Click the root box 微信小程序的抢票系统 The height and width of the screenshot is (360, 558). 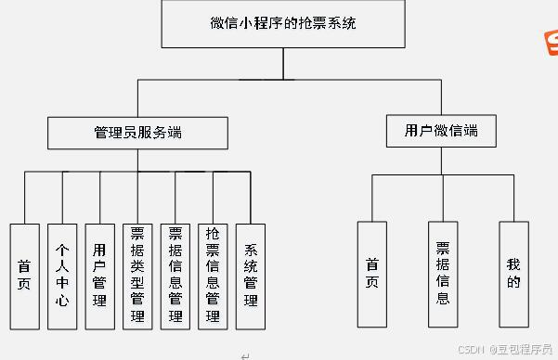click(x=282, y=24)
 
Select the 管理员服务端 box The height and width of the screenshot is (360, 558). click(x=137, y=133)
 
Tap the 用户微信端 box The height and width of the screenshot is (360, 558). click(x=441, y=130)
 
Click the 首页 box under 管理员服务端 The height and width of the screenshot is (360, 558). click(x=24, y=276)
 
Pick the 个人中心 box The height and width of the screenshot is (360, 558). click(x=62, y=276)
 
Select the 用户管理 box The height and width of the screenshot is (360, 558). click(x=99, y=276)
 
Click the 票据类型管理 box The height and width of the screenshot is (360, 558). click(x=137, y=276)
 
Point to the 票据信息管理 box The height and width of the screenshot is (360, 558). click(x=175, y=276)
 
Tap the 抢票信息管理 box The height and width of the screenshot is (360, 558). click(x=213, y=276)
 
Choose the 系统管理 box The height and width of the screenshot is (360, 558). click(x=251, y=276)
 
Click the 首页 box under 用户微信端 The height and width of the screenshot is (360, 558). click(x=371, y=274)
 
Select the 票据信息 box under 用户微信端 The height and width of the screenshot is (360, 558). click(x=443, y=274)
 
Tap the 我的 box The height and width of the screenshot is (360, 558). click(x=513, y=274)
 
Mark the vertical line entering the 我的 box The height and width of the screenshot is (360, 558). click(x=513, y=198)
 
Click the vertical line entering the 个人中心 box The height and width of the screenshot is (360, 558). click(x=62, y=198)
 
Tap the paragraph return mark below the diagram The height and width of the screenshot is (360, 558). click(x=245, y=355)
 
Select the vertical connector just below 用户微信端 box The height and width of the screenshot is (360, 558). click(x=441, y=161)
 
